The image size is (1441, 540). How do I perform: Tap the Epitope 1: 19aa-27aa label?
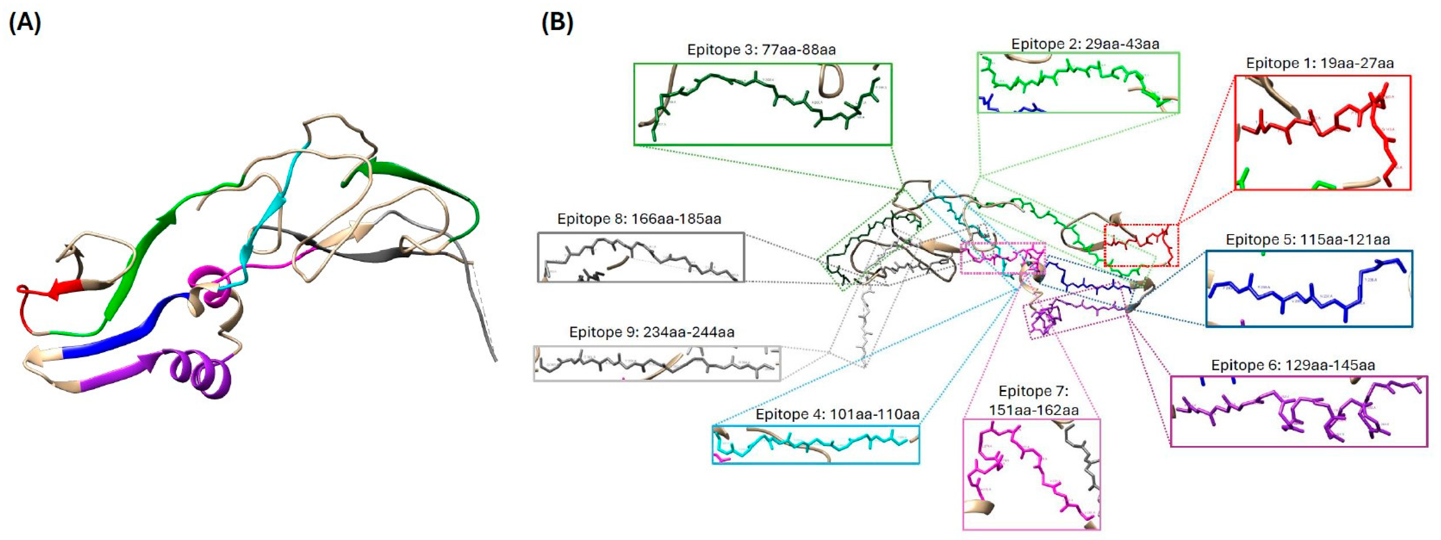[x=1319, y=63]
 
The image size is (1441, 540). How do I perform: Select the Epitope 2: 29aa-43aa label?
[x=1085, y=43]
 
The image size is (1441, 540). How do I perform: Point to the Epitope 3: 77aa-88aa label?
[x=761, y=50]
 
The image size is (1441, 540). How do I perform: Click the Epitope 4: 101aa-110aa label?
[x=837, y=414]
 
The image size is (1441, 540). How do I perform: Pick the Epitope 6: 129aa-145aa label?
[x=1293, y=365]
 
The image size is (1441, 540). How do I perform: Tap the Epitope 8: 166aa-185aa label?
[x=639, y=219]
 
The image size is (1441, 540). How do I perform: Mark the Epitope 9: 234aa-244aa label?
[x=652, y=332]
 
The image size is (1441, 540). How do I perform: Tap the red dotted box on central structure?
[x=1141, y=245]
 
